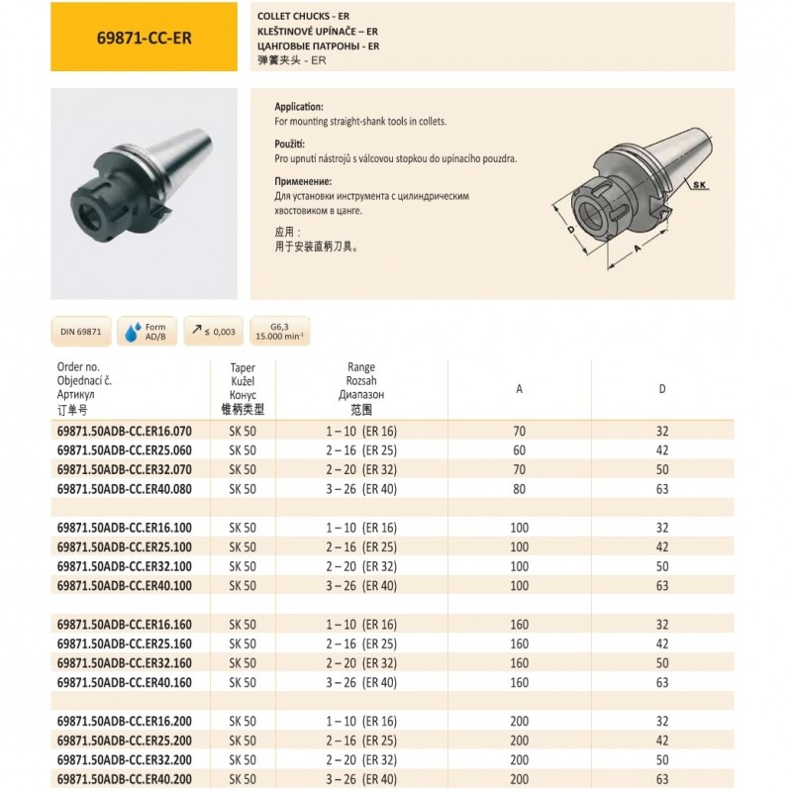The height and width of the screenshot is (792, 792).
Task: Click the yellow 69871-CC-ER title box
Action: (145, 37)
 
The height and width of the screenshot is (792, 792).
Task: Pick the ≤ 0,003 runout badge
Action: (213, 332)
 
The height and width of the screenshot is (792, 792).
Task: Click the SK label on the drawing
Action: (700, 185)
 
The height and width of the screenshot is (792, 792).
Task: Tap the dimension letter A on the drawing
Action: (638, 250)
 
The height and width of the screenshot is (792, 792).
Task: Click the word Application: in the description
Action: (299, 106)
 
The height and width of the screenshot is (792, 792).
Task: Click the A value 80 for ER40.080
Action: (520, 488)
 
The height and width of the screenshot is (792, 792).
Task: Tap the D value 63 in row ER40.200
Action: (662, 779)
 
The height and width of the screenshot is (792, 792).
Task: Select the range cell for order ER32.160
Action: (360, 662)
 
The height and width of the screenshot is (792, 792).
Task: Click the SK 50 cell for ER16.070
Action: (243, 430)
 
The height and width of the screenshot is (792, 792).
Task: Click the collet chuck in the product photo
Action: (139, 188)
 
